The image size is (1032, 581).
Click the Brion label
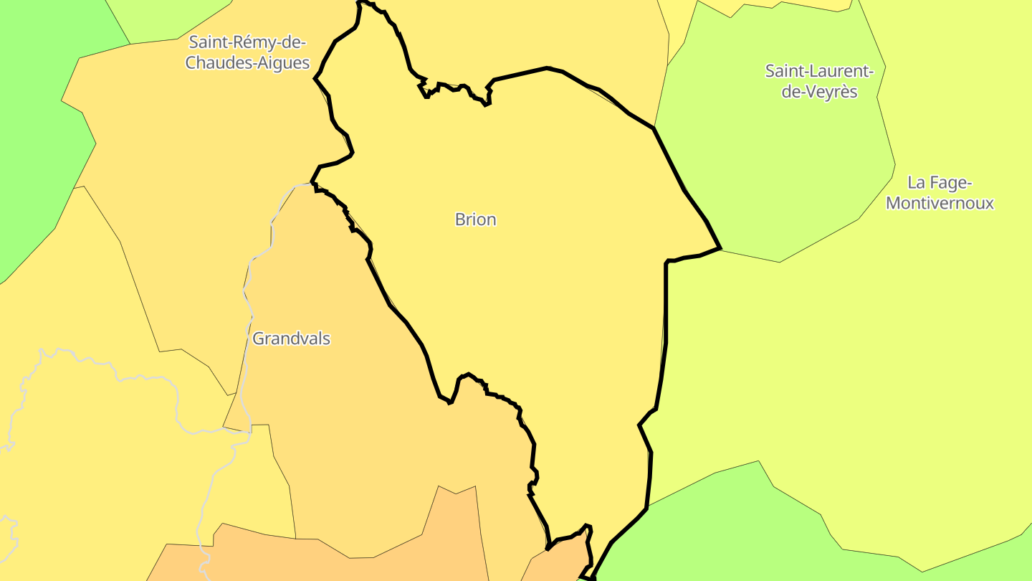pyautogui.click(x=475, y=219)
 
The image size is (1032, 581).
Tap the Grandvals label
pyautogui.click(x=291, y=339)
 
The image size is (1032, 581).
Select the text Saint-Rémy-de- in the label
pyautogui.click(x=247, y=42)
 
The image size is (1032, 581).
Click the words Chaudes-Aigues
pyautogui.click(x=247, y=63)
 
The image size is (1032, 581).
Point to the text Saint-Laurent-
pyautogui.click(x=819, y=71)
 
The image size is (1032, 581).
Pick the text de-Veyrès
pyautogui.click(x=819, y=92)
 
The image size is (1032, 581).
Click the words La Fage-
pyautogui.click(x=940, y=182)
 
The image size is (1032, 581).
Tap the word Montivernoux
pyautogui.click(x=940, y=203)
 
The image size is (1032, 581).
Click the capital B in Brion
pyautogui.click(x=460, y=219)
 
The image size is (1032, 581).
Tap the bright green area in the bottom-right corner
pyautogui.click(x=717, y=531)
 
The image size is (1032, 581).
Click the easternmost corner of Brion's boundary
pyautogui.click(x=720, y=249)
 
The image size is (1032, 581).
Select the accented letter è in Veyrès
pyautogui.click(x=841, y=92)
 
